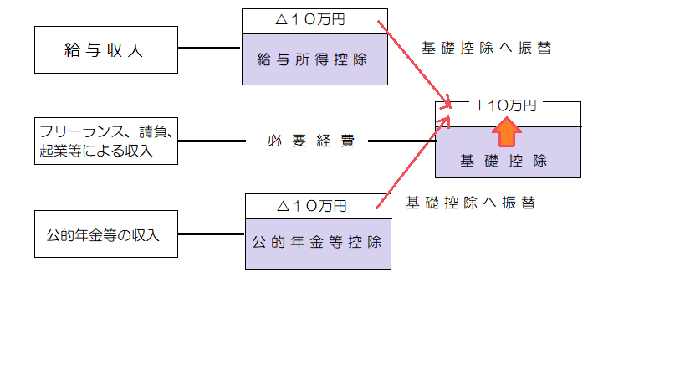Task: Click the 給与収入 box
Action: [x=105, y=49]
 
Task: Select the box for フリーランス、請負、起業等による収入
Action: [x=105, y=141]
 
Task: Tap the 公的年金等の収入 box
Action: [x=105, y=234]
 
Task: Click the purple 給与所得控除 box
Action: [x=314, y=60]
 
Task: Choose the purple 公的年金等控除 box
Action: [x=318, y=243]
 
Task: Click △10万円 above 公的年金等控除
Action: [x=317, y=205]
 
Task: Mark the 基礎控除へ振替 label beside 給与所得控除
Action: [x=486, y=48]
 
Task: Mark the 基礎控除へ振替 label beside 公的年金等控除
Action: [x=470, y=203]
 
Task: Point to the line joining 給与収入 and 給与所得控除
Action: [x=208, y=49]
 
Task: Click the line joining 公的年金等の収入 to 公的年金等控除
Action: [x=210, y=234]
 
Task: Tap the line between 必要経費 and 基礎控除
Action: [x=401, y=141]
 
